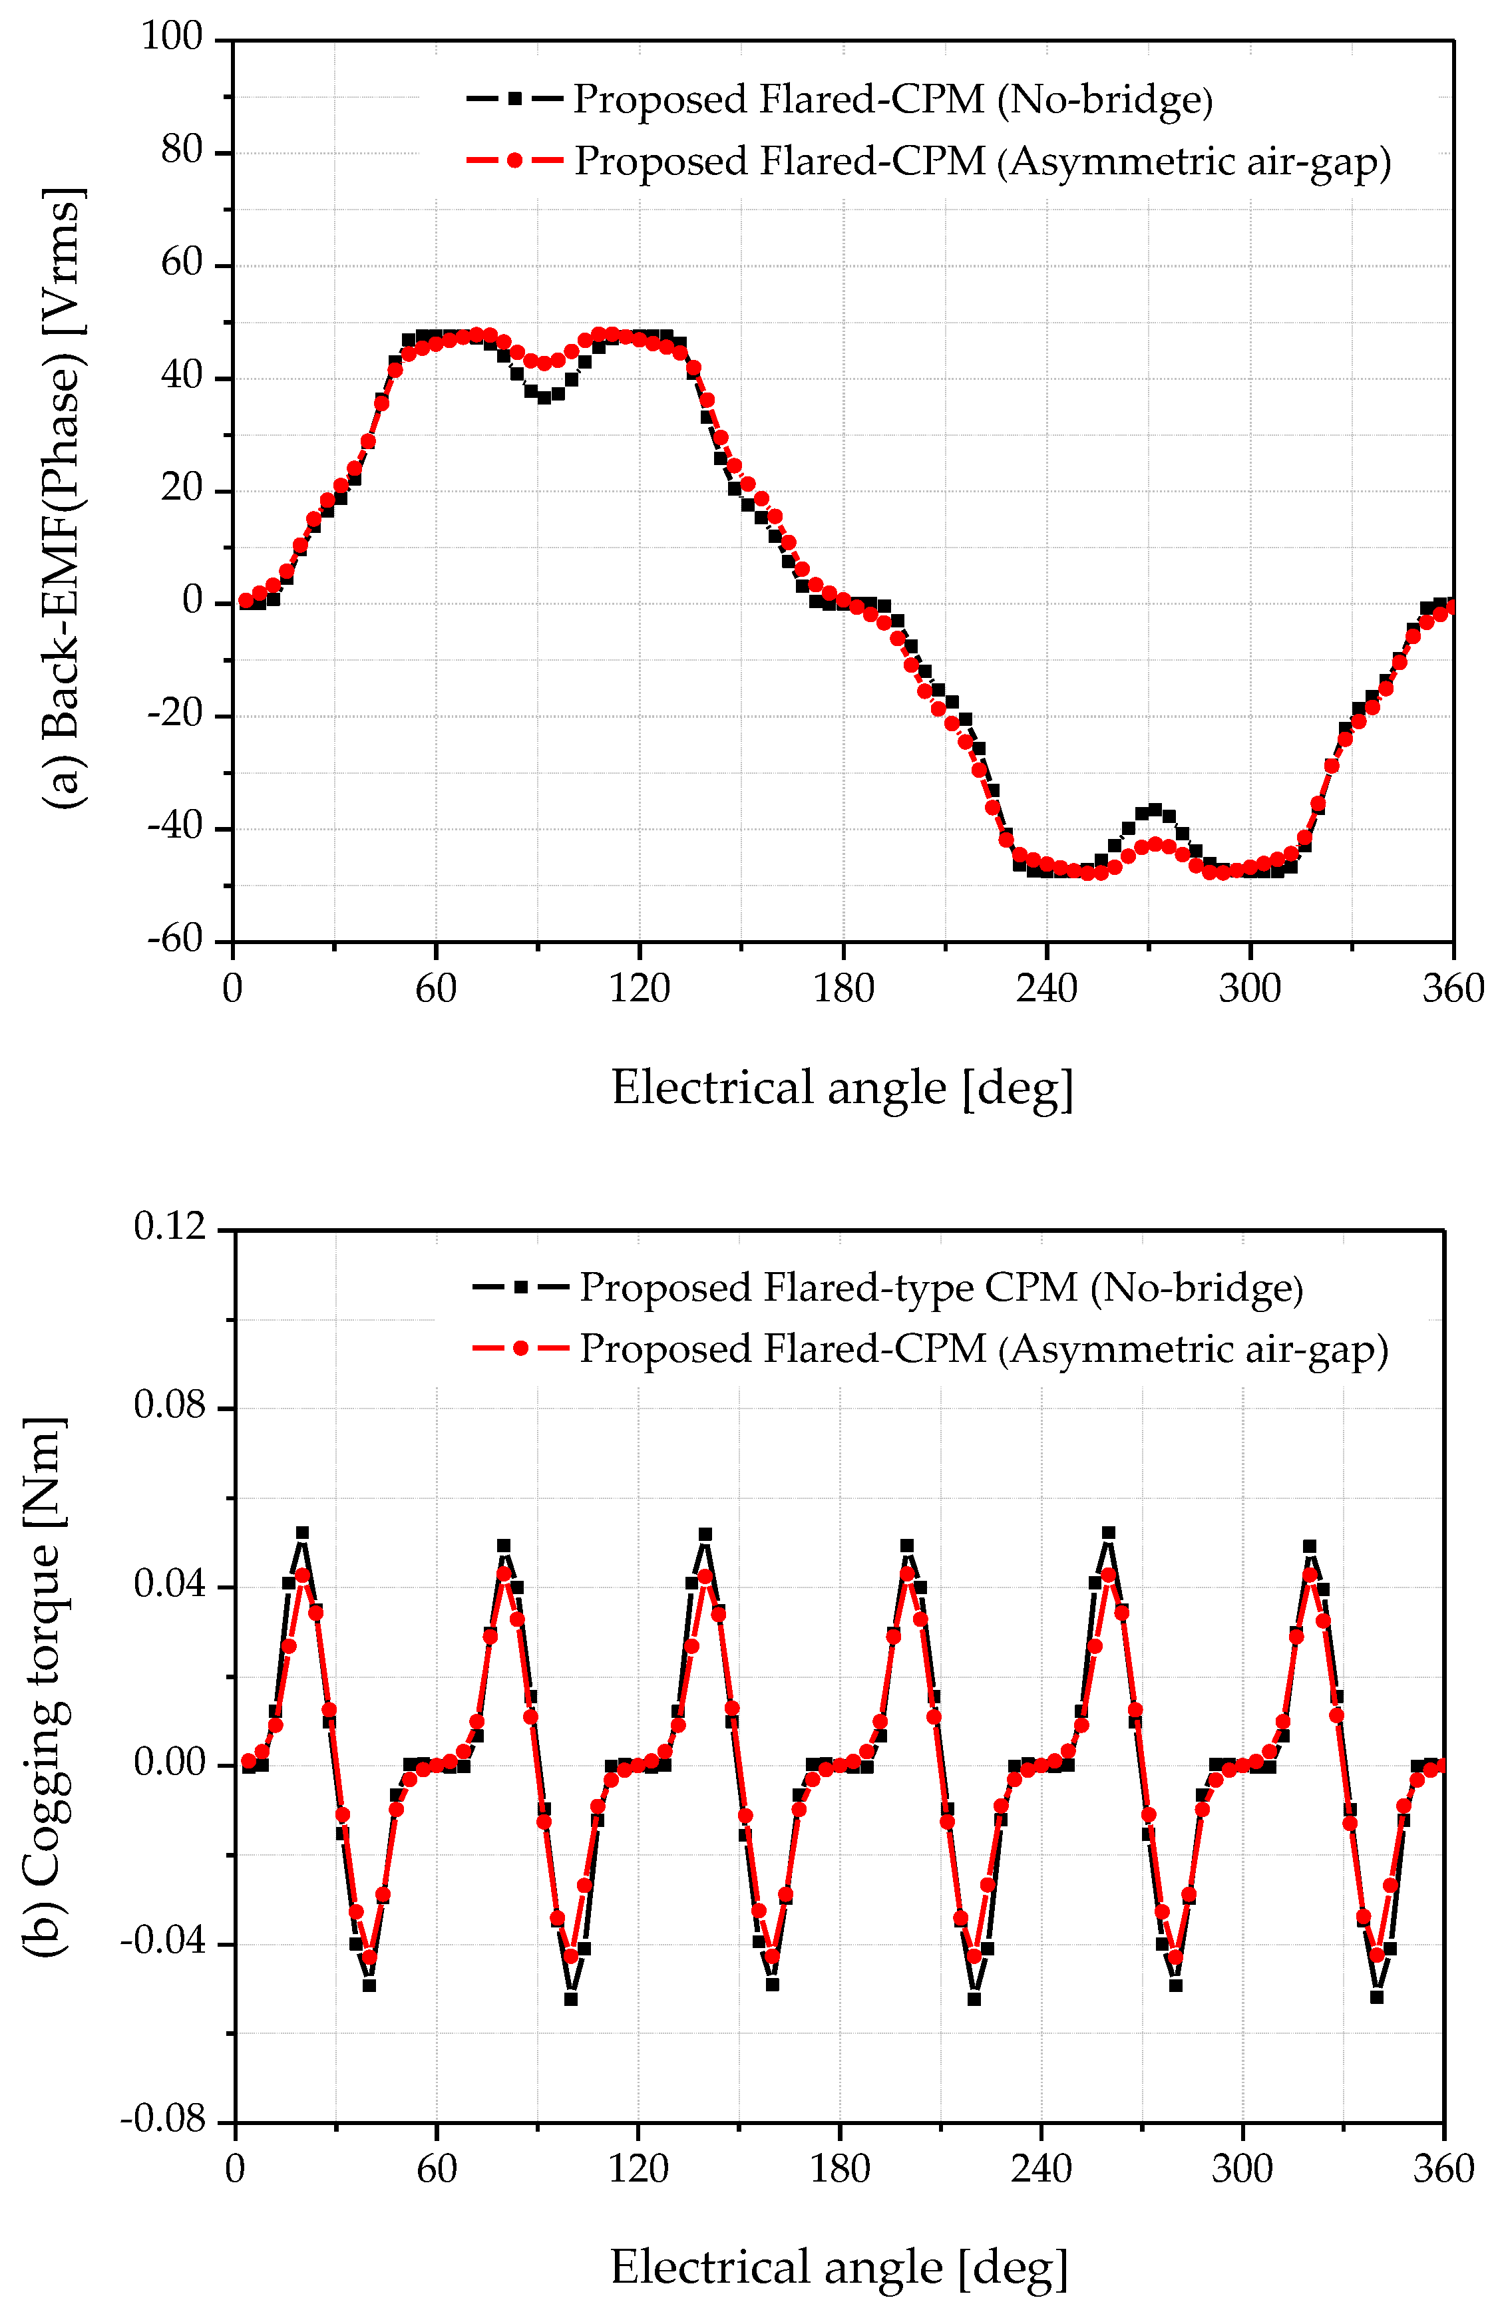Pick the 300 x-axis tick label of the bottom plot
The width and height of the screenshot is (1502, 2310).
1242,2169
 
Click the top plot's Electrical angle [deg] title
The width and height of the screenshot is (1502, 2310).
842,1087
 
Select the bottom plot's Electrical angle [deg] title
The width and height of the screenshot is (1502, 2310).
839,2267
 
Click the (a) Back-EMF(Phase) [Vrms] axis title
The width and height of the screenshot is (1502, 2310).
63,498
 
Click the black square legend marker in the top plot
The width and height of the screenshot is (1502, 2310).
514,98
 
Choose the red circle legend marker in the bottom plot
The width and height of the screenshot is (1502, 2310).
520,1348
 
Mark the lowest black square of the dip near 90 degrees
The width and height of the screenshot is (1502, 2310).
544,396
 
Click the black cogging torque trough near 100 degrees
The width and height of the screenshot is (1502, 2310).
571,1999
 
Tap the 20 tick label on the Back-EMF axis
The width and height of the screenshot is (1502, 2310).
182,488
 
